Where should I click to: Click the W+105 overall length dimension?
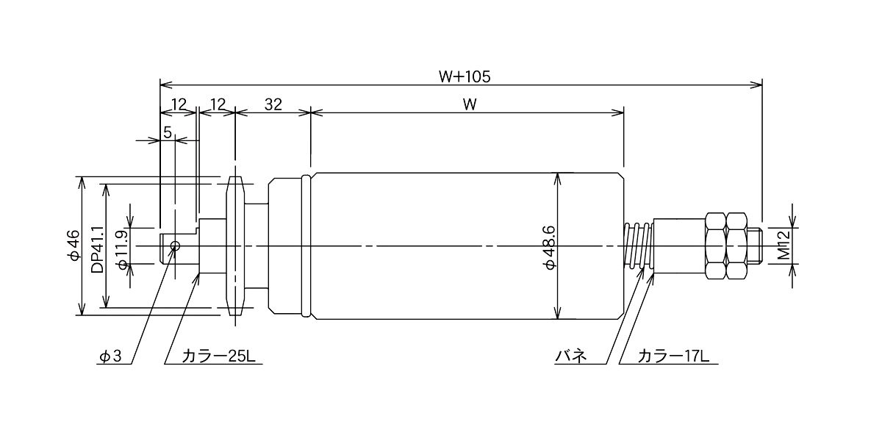click(x=465, y=76)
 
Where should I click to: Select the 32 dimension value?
click(x=273, y=104)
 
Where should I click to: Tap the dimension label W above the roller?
click(x=470, y=104)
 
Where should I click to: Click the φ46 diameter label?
click(x=73, y=245)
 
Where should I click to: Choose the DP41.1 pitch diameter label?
click(x=97, y=249)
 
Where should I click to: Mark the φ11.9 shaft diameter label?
click(x=122, y=250)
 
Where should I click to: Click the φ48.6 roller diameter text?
click(x=549, y=248)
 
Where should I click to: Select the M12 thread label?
click(x=784, y=245)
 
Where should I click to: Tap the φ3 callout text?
click(x=110, y=356)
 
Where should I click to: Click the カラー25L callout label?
click(x=218, y=356)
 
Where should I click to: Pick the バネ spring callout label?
click(x=570, y=356)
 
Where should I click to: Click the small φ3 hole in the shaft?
click(x=175, y=246)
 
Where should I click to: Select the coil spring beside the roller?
click(x=638, y=246)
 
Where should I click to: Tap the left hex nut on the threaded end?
click(x=715, y=246)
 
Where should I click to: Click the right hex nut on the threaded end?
click(x=736, y=246)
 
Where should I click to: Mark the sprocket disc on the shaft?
click(x=235, y=246)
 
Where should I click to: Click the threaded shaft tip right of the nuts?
click(x=755, y=246)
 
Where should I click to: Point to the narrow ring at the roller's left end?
click(x=306, y=245)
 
